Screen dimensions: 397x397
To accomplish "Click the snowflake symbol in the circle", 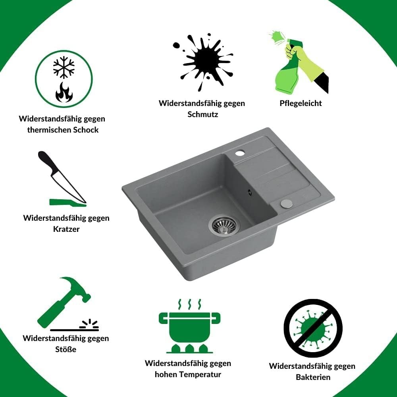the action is (64, 67).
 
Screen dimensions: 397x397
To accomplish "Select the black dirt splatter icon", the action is (203, 62).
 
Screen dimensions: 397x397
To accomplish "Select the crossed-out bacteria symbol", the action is (313, 328).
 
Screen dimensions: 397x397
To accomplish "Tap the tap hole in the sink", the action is (239, 153).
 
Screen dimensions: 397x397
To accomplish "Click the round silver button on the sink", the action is (286, 203).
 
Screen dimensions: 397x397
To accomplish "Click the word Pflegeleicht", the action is (301, 103).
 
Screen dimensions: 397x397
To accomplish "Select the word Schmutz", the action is (202, 114).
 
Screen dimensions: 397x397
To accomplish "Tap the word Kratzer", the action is (66, 229).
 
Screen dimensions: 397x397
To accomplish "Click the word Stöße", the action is (66, 349).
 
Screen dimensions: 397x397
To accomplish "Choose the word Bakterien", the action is (313, 377).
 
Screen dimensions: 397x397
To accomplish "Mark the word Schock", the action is (86, 130).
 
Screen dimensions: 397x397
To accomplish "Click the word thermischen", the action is (49, 130).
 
